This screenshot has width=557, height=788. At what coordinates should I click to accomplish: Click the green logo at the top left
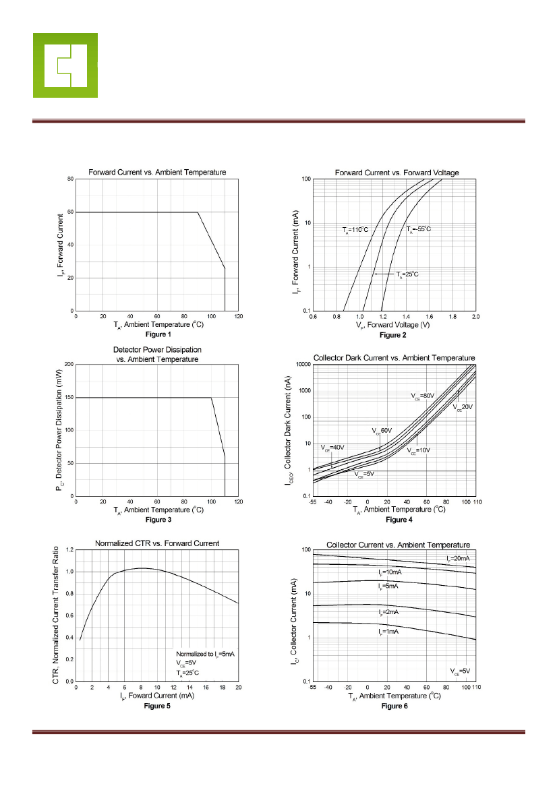(x=65, y=65)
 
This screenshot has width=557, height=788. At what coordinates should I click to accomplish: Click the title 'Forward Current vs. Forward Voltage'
(x=397, y=173)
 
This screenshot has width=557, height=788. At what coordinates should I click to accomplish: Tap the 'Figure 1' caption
(x=158, y=334)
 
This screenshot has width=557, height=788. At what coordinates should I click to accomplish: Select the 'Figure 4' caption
(x=399, y=520)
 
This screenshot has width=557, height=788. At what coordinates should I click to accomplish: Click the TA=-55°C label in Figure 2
(x=418, y=229)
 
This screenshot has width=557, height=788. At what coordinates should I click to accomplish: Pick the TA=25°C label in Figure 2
(x=407, y=274)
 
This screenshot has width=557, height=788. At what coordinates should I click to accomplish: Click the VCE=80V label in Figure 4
(x=424, y=395)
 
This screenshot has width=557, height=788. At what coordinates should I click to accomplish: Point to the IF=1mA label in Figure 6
(x=388, y=632)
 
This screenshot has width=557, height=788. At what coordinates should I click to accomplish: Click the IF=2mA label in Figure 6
(x=388, y=612)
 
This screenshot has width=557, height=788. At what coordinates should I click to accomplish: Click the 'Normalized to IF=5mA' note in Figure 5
(x=204, y=654)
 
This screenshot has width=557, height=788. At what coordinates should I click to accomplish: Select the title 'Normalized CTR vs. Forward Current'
(x=156, y=543)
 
